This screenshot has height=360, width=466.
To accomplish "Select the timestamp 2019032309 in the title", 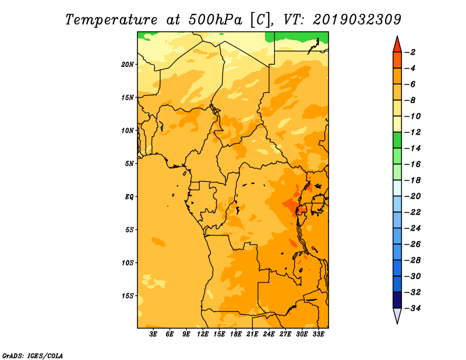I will [356, 19].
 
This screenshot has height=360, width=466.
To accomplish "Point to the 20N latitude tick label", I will [128, 64].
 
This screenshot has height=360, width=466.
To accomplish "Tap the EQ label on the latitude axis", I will [129, 196].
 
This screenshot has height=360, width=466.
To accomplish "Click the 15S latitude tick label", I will [128, 295].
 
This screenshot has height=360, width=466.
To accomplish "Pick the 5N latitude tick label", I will [129, 164].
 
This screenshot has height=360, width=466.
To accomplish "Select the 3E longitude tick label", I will [154, 334].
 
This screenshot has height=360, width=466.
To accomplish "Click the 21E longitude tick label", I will [252, 334].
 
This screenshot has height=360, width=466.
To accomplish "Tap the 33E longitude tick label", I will [318, 334].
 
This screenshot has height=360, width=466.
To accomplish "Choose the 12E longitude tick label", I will [203, 334].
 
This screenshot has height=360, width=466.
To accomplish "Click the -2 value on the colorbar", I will [411, 52].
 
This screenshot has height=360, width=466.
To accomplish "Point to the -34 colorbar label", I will [412, 308].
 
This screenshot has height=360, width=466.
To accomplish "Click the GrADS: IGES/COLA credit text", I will [32, 355].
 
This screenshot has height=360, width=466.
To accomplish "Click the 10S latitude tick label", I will [128, 262].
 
